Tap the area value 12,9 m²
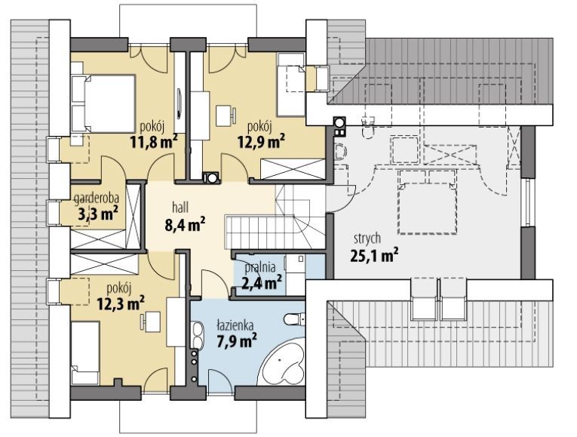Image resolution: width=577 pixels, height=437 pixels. pos(261,141)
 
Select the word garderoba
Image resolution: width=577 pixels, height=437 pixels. pos(97,198)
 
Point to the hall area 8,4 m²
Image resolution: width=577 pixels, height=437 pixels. pos(185,225)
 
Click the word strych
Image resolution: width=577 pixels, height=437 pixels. pos(367,239)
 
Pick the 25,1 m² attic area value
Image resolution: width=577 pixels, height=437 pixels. pos(374,255)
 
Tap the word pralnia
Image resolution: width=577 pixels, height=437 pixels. pos(260,267)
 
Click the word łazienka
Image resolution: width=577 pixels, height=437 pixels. pos(235,325)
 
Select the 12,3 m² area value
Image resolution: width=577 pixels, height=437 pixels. pos(121,303)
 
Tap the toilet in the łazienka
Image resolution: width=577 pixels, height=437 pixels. pos(294,319)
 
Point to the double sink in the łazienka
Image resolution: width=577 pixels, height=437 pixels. pos(198,336)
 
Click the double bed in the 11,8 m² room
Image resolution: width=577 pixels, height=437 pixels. pos(103,103)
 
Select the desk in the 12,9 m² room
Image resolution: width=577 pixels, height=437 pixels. pos(225,115)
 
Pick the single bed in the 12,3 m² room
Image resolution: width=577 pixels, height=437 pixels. pos(85,353)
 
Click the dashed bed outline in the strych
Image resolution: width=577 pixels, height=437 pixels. pos(427,202)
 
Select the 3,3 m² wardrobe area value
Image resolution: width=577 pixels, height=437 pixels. pos(98,214)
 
